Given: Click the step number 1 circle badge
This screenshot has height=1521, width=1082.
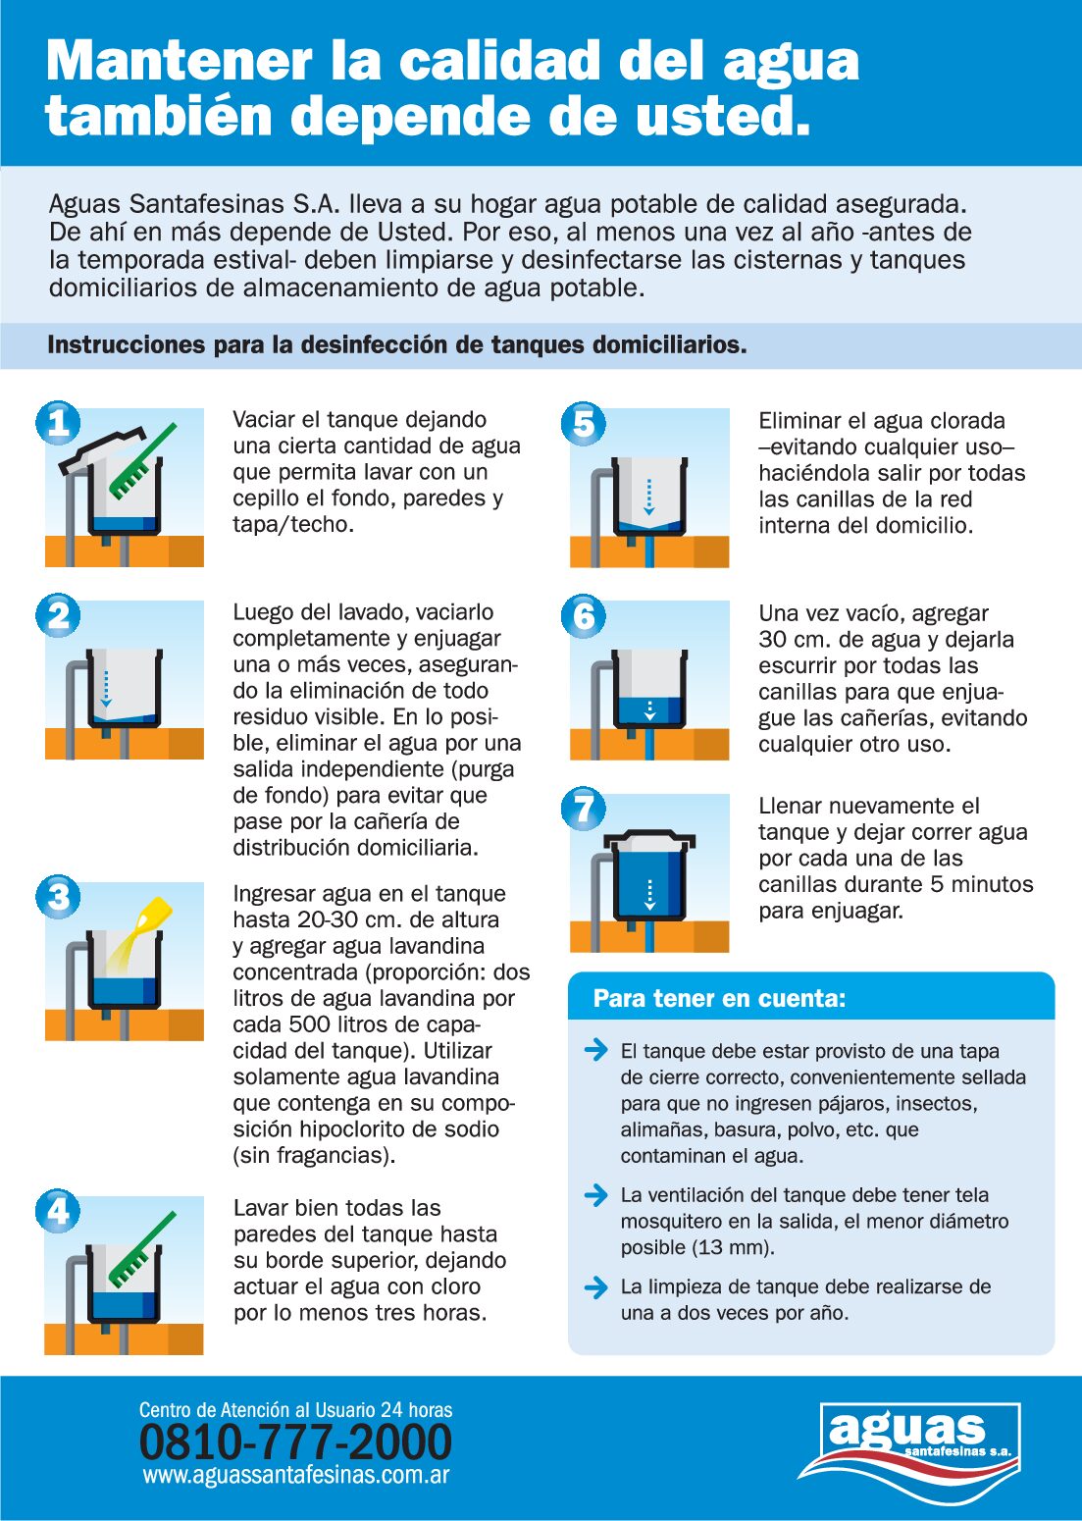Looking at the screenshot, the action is (59, 423).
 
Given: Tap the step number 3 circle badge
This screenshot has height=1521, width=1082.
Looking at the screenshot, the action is (59, 897).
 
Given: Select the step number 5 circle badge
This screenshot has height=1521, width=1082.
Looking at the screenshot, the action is (584, 423).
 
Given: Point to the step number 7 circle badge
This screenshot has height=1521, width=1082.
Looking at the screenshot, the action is (584, 808).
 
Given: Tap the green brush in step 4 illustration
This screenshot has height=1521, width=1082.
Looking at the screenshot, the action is (142, 1249).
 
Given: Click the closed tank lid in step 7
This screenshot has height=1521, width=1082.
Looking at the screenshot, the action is (649, 841).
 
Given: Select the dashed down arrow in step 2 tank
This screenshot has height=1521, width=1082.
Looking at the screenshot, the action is (105, 689).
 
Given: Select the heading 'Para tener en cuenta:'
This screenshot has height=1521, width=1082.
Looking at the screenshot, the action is (719, 998).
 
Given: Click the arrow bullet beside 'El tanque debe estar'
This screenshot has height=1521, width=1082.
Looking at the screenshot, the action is (596, 1050).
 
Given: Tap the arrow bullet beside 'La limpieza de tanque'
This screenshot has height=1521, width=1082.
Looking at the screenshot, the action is (596, 1286).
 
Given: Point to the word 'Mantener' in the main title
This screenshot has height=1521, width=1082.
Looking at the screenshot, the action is (179, 61).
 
